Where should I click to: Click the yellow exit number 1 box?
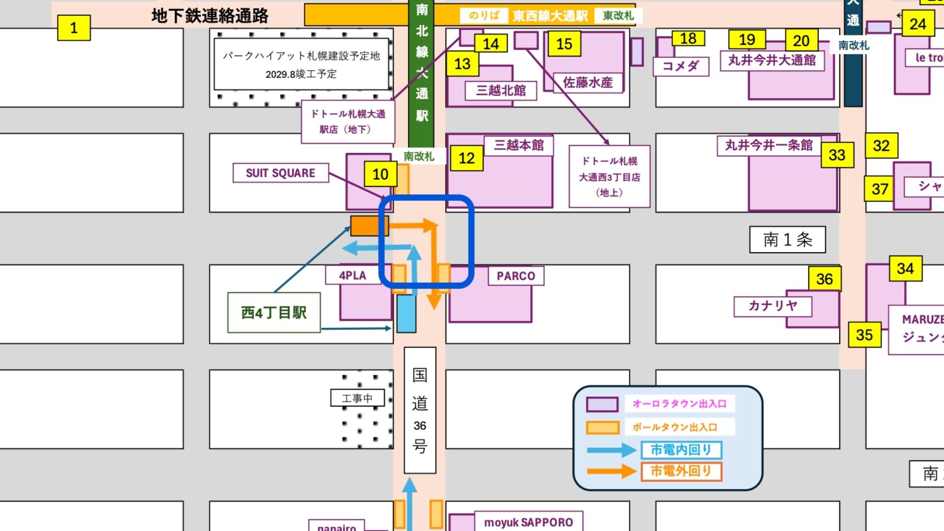click(x=74, y=28)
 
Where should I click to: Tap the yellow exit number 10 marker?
click(x=380, y=174)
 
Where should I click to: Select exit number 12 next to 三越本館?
click(x=467, y=158)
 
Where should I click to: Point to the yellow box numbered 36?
click(x=825, y=279)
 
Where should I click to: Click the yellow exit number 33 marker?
click(x=837, y=155)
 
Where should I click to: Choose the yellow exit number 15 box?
click(x=564, y=44)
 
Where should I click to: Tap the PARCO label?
click(x=516, y=276)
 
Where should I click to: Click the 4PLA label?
click(x=353, y=275)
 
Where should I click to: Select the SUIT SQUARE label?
click(x=280, y=173)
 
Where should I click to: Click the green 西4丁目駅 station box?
click(x=274, y=313)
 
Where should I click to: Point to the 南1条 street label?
click(x=787, y=239)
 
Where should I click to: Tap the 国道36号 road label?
click(x=420, y=410)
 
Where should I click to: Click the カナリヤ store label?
click(x=772, y=306)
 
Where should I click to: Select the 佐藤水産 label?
click(x=588, y=82)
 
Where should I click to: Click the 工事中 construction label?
click(x=357, y=398)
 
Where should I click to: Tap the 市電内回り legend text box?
click(x=681, y=449)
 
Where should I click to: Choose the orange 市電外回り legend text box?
click(x=681, y=471)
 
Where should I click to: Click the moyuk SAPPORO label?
click(x=529, y=522)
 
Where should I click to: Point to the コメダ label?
click(x=680, y=66)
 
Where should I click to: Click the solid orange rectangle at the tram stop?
click(x=369, y=226)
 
